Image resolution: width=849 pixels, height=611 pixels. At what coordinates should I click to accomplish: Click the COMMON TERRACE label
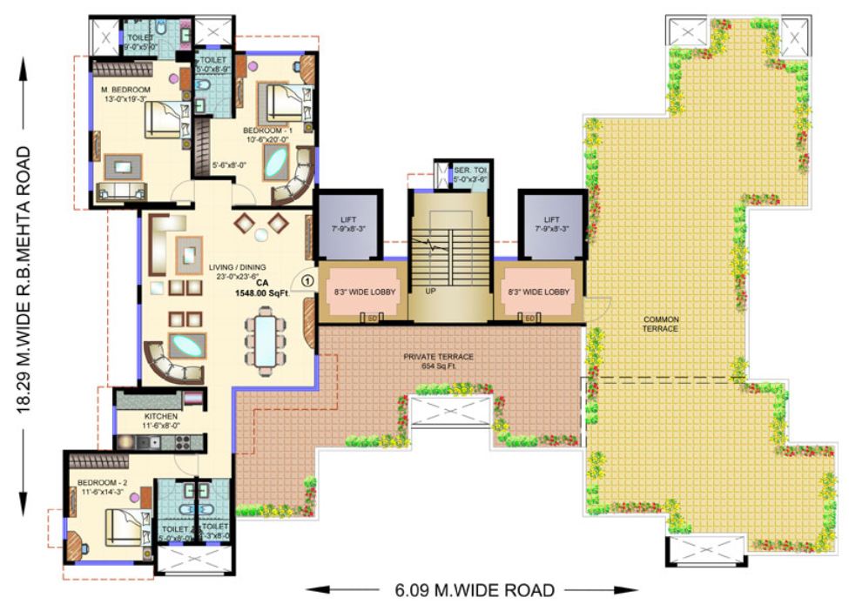point(660,325)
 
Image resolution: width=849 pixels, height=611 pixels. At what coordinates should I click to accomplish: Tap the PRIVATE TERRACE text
point(437,357)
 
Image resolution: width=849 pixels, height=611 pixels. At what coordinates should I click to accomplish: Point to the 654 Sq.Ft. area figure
point(437,367)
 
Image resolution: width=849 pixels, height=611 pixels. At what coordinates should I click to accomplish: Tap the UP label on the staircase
point(430,291)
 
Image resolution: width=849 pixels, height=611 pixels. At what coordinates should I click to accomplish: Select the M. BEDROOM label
point(125,90)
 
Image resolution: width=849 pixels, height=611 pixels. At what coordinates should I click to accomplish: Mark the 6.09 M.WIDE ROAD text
point(470,591)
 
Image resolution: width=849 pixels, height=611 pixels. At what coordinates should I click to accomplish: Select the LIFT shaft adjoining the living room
point(347,225)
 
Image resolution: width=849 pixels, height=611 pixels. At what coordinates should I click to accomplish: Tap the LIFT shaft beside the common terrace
point(551,225)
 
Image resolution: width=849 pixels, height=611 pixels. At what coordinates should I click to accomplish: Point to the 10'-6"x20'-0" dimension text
point(266,139)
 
